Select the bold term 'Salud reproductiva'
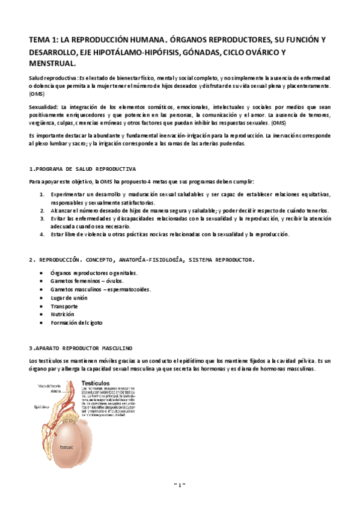(x=52, y=79)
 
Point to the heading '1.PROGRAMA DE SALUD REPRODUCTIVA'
(x=82, y=169)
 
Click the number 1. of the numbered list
(x=42, y=195)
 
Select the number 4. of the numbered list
(x=42, y=234)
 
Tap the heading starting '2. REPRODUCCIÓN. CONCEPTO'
(x=141, y=260)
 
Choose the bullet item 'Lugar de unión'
(x=69, y=297)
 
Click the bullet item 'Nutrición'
(x=63, y=314)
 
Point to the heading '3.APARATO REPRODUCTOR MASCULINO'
(x=81, y=348)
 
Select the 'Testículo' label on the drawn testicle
(x=65, y=447)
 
